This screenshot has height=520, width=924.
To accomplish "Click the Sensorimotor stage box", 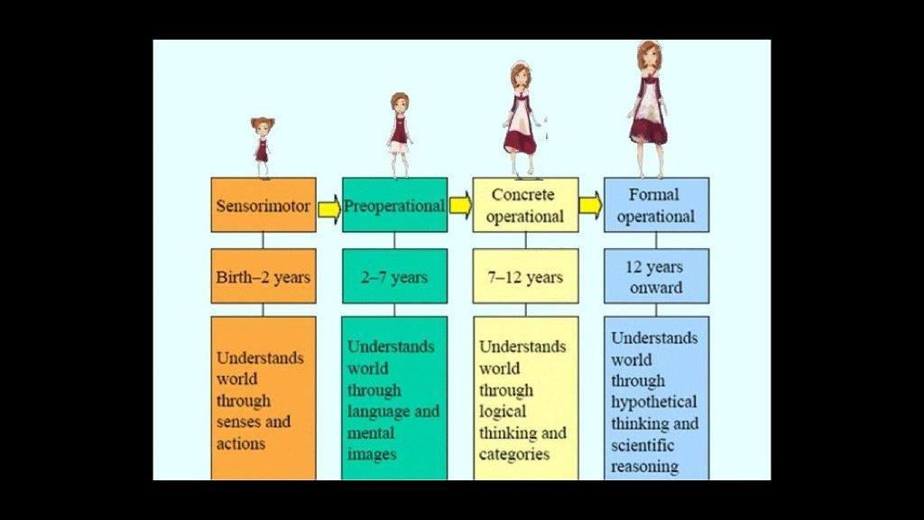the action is click(263, 206).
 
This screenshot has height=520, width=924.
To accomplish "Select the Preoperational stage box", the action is click(394, 206).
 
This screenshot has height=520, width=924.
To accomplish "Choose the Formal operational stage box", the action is click(656, 205).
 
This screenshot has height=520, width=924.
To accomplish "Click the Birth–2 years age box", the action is click(263, 276).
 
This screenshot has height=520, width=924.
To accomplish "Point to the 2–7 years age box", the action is click(394, 276).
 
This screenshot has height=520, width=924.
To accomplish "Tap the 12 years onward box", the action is click(656, 276).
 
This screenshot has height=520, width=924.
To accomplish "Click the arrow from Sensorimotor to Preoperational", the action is click(329, 209).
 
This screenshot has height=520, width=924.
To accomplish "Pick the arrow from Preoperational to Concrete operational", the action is click(460, 206).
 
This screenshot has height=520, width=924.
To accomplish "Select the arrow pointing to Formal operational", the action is click(590, 206).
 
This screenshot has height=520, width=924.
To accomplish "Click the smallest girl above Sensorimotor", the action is click(262, 146).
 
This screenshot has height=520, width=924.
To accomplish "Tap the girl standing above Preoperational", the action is click(400, 134).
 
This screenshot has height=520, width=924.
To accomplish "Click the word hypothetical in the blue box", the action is click(654, 402).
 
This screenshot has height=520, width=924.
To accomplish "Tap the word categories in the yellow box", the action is click(514, 454).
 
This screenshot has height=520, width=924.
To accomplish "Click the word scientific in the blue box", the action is click(644, 445).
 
